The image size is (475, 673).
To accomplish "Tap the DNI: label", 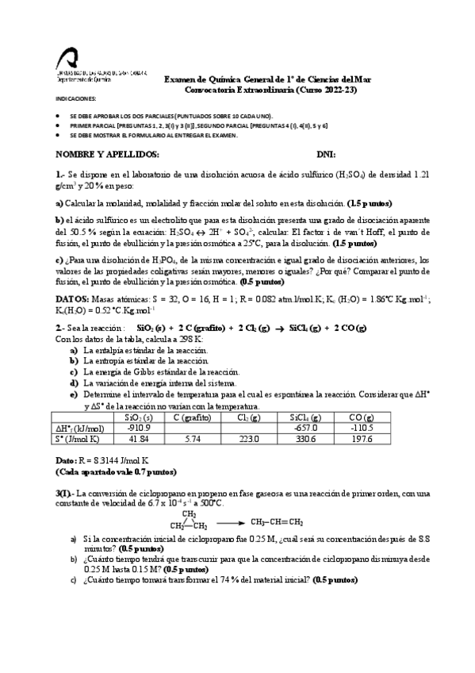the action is coord(326,153).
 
